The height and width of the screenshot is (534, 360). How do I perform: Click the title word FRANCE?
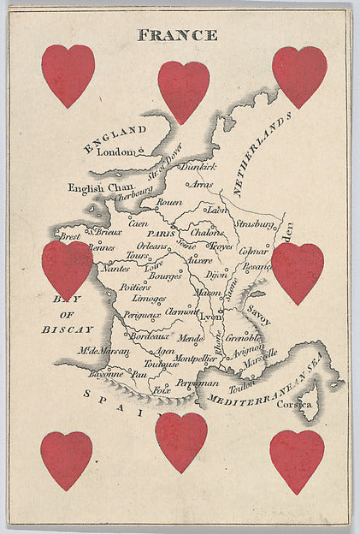tap(177, 35)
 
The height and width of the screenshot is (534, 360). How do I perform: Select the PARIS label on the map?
tap(160, 233)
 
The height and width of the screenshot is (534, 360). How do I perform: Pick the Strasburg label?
tap(254, 224)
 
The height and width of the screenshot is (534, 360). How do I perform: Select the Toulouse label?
tap(161, 364)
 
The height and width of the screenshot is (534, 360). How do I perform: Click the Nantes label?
tap(115, 268)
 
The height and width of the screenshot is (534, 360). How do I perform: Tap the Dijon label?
tap(217, 275)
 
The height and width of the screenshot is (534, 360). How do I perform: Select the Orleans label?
tap(152, 246)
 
